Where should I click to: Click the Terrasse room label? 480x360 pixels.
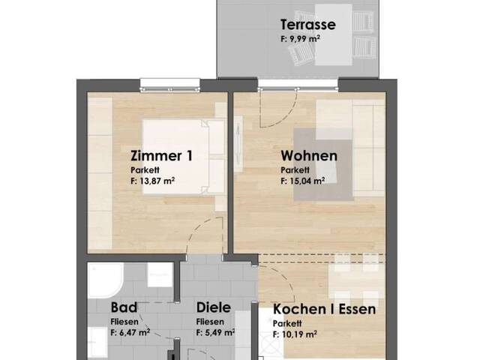coord(308,25)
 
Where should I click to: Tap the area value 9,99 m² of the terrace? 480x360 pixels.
coord(300,39)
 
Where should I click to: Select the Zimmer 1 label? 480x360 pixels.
coord(162,156)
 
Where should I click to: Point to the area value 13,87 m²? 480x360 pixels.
coord(153,181)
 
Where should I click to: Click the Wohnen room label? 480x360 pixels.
coord(309,156)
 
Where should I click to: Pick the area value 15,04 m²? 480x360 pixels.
coord(303,181)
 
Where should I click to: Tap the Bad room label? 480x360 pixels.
coord(124,307)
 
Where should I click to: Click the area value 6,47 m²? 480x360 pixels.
coord(130,332)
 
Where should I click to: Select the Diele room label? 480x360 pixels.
coord(214,307)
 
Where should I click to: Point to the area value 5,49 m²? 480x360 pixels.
coord(215,332)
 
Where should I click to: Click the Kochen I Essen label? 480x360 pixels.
coord(324,309)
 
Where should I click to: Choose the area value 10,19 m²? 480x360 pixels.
coord(295,334)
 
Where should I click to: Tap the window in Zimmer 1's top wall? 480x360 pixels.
coord(170,85)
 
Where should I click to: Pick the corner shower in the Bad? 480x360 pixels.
coord(106,280)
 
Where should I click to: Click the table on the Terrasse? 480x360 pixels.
coord(333,34)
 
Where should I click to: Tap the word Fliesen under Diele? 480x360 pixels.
coord(210,322)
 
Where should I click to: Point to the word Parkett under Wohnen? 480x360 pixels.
coord(295,170)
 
